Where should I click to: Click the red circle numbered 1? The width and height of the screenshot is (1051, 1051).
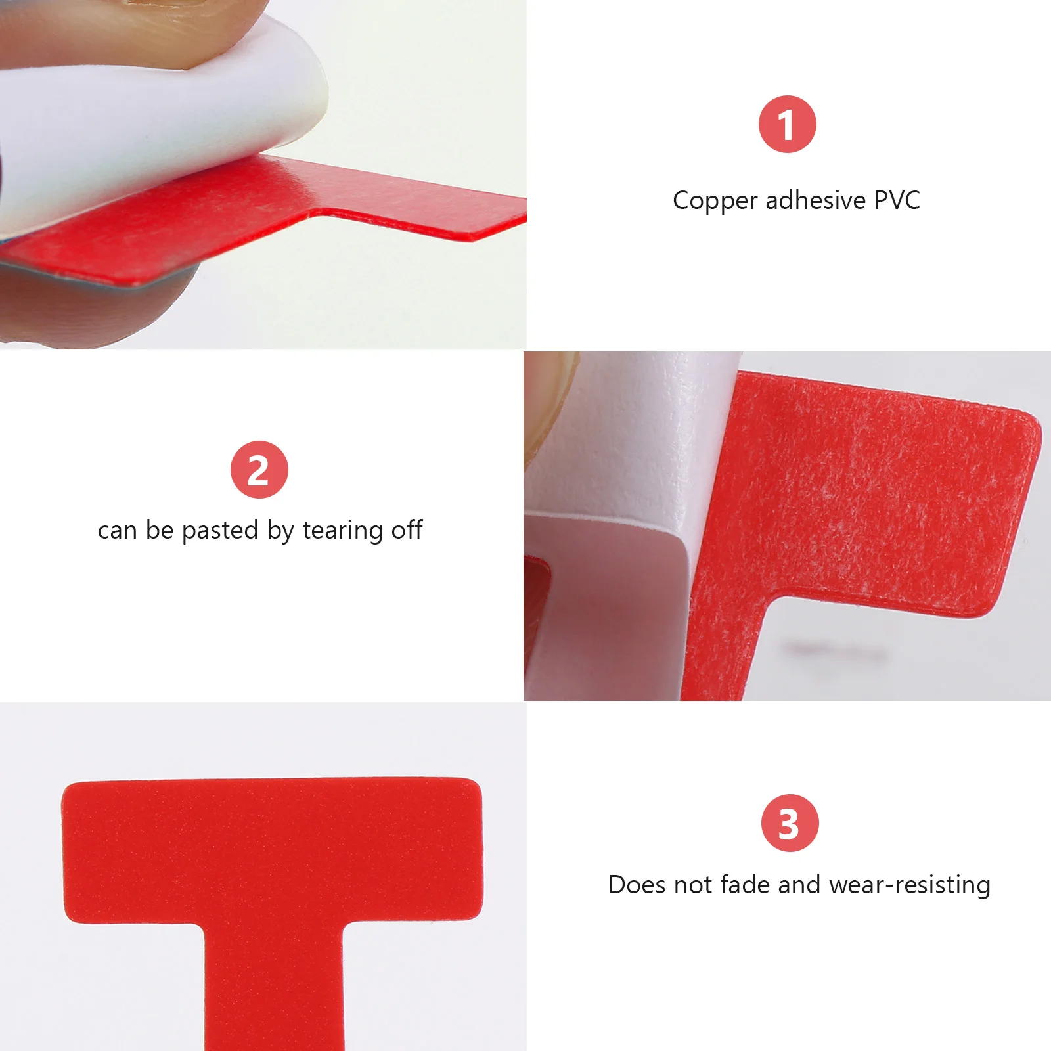coord(787,124)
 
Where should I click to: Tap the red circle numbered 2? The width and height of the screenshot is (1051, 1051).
coord(259,470)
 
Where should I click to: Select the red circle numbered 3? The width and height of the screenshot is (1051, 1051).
coord(790,823)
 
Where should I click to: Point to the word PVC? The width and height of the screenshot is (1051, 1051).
coord(897,200)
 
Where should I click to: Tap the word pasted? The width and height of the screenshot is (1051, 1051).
coord(219,531)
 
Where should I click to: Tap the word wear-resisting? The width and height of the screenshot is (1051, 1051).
coord(910,885)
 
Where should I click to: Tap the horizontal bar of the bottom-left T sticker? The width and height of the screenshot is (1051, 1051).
coord(273,851)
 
